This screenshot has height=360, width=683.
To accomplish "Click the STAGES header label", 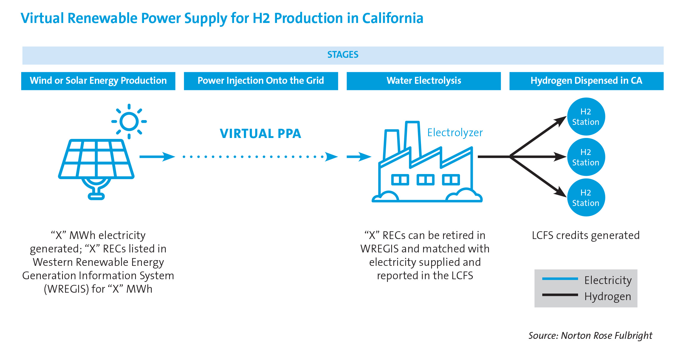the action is point(343,55).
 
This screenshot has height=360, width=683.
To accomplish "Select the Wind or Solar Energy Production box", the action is point(98,81).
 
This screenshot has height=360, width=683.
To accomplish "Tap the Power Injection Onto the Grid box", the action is point(261,81).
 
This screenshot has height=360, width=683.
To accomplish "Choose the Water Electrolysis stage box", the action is point(424,81).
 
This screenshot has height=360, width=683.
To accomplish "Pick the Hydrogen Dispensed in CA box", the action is point(586,81).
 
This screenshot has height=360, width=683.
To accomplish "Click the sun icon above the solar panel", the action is point(129,121).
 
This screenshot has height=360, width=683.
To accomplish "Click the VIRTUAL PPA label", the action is point(260,134).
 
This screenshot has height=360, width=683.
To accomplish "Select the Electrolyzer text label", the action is point(455,133).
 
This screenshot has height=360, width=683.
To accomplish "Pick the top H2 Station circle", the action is point(586,117).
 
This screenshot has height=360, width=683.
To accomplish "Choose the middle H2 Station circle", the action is point(586,157).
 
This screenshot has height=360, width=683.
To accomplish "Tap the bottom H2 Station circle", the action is point(586,198).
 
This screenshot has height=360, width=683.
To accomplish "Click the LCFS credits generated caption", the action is point(586,236).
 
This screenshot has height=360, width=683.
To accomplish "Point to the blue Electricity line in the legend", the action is point(560,279).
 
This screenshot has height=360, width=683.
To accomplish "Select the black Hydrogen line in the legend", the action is point(560,295).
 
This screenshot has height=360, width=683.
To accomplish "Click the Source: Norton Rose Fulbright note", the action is point(590,336).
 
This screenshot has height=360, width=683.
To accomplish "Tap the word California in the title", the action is point(393,18).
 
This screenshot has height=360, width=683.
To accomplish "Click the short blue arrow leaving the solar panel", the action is point(157,156).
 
